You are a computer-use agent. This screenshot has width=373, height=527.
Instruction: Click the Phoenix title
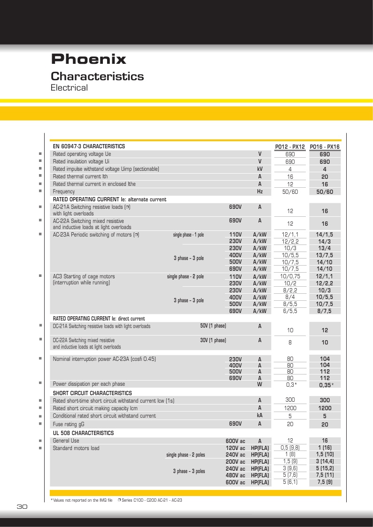click(x=88, y=59)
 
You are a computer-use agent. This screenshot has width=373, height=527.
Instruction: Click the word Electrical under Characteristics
click(x=69, y=88)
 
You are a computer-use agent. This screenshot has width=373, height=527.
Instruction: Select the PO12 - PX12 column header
click(x=290, y=146)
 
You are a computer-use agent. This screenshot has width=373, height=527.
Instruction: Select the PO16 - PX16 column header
click(x=324, y=146)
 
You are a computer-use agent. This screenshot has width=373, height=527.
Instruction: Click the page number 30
click(x=22, y=507)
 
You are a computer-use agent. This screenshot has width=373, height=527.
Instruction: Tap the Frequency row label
click(x=63, y=191)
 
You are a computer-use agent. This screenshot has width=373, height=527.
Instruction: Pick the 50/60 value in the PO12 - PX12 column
click(x=290, y=191)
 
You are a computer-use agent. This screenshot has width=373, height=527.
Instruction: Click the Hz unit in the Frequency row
click(x=259, y=191)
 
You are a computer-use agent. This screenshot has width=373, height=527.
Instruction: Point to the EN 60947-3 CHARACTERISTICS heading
click(x=89, y=146)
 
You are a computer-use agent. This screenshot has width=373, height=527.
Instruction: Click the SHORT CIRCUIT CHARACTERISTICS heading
click(x=92, y=393)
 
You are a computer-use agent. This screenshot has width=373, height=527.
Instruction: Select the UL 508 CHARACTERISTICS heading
click(x=83, y=433)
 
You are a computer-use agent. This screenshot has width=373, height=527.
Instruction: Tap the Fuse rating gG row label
click(x=69, y=424)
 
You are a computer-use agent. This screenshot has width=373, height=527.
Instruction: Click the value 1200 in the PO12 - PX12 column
click(x=290, y=408)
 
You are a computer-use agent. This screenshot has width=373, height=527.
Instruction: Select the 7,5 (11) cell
click(x=324, y=475)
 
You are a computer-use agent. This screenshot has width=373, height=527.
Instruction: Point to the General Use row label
click(x=66, y=441)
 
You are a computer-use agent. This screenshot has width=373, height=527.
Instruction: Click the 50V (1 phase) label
click(x=213, y=326)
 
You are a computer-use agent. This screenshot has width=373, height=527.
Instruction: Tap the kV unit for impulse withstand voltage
click(x=259, y=169)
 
